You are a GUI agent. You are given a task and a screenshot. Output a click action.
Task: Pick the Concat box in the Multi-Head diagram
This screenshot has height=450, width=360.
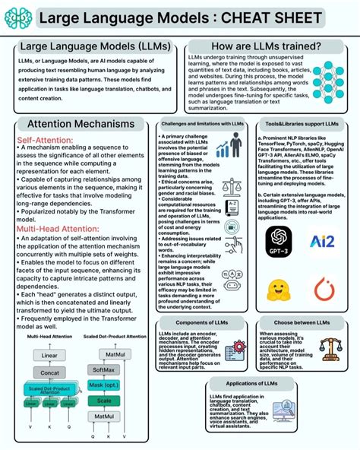point(49,373)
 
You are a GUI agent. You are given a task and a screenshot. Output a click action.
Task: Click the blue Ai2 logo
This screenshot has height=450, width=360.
point(323,242)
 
